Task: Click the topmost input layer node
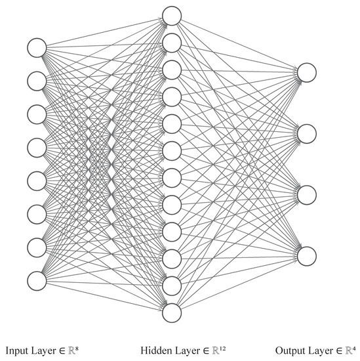(x=37, y=47)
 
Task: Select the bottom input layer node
(x=37, y=280)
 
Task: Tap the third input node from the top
(x=37, y=114)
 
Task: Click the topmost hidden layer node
(x=172, y=15)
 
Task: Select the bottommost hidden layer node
(x=172, y=312)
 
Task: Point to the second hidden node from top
(x=172, y=42)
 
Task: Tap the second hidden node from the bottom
(x=172, y=285)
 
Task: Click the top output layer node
(x=307, y=72)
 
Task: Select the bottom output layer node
(x=307, y=255)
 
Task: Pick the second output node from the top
(x=307, y=133)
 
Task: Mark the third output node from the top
(x=307, y=194)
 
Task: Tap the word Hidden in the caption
(x=155, y=350)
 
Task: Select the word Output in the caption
(x=289, y=350)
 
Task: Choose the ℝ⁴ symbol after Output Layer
(x=353, y=349)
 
